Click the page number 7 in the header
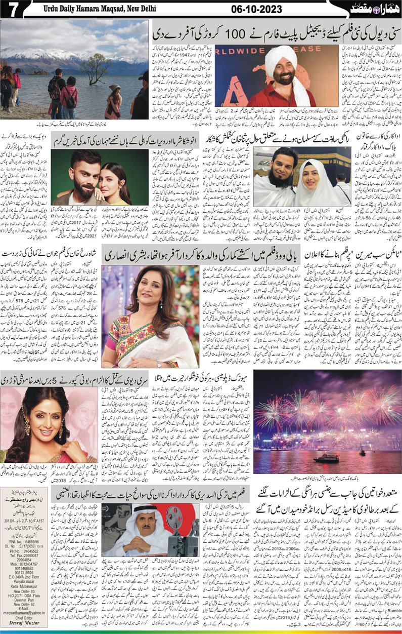click(10, 8)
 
